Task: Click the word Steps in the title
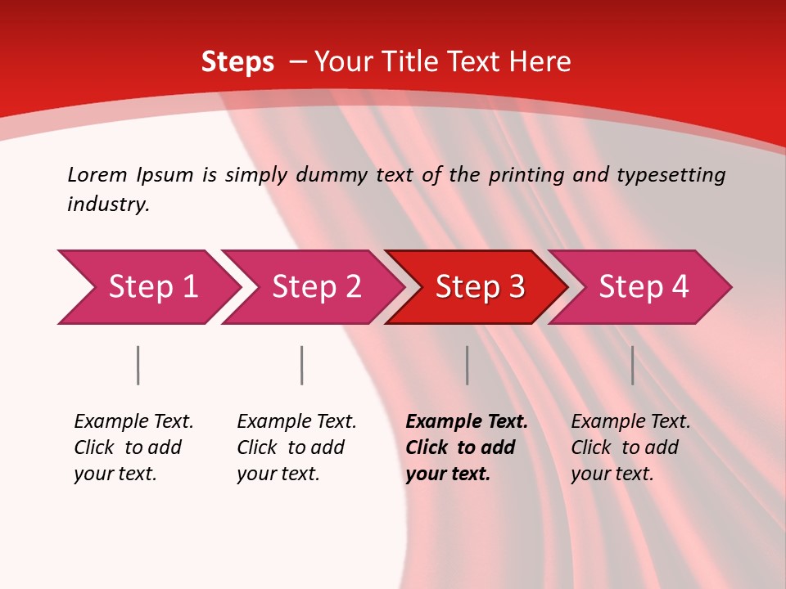tap(237, 62)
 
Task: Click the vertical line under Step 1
tap(138, 365)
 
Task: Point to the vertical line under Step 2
tap(302, 365)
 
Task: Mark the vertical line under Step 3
tap(468, 365)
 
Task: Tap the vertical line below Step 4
tap(632, 365)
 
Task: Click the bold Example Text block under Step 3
tap(467, 447)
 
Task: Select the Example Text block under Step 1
tap(133, 447)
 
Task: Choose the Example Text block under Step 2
tap(296, 447)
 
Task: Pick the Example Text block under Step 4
tap(630, 447)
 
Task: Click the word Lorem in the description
tap(97, 174)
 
